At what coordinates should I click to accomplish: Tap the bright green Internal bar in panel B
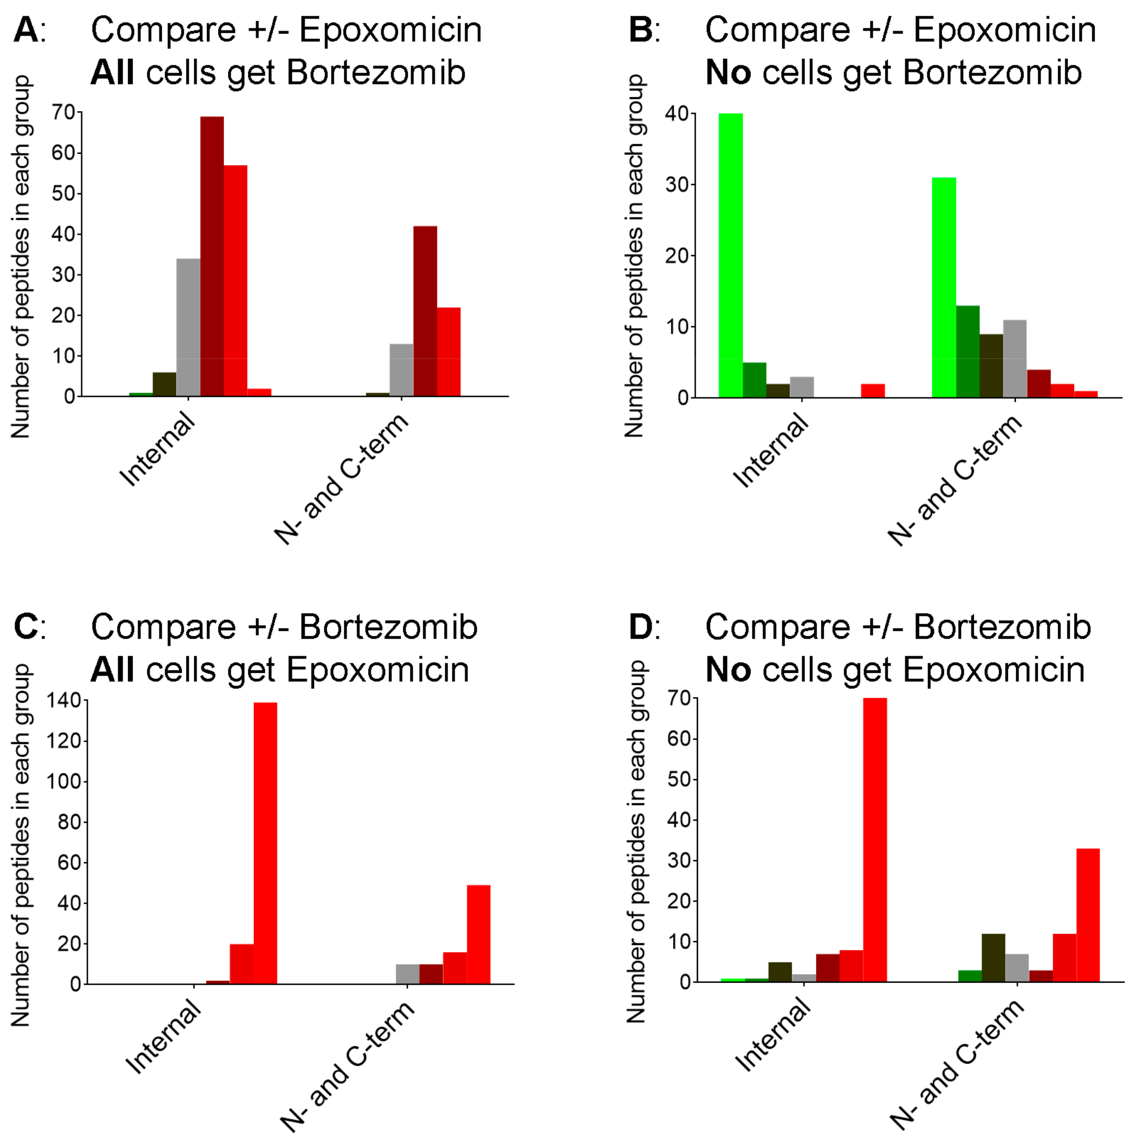(x=730, y=255)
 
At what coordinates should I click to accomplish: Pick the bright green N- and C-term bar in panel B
(x=944, y=288)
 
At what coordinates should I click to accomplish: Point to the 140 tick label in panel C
(x=63, y=701)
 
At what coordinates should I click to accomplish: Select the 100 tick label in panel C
(x=63, y=782)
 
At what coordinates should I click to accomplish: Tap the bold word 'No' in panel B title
(x=727, y=73)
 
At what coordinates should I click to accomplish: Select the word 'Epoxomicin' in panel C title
(x=378, y=670)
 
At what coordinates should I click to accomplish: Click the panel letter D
(x=641, y=627)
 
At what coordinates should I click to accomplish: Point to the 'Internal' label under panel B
(x=771, y=451)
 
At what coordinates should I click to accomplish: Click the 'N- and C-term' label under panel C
(x=347, y=1067)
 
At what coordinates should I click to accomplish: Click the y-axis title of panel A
(x=21, y=257)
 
